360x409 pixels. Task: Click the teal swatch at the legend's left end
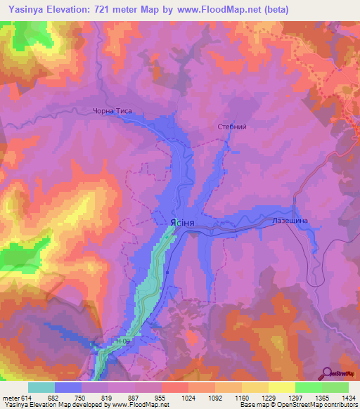(41, 387)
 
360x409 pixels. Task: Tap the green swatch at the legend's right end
(335, 387)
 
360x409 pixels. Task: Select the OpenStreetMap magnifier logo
(328, 373)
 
